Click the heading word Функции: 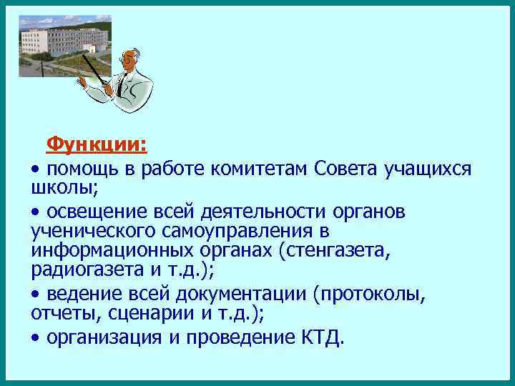tap(97, 145)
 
